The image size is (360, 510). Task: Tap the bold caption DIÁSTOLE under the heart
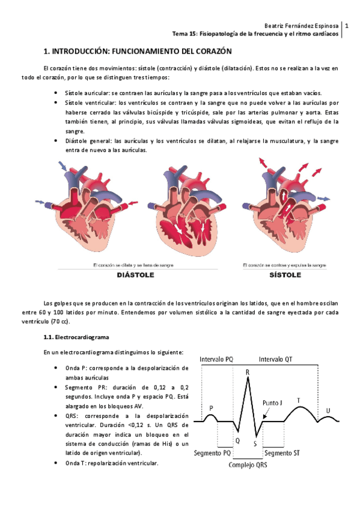tap(135, 275)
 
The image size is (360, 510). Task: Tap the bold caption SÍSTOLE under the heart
tap(284, 275)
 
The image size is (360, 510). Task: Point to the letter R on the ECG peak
tap(248, 372)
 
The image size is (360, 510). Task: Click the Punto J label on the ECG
tap(274, 402)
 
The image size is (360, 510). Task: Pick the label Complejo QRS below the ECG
tap(248, 464)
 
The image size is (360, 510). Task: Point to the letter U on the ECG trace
tap(328, 410)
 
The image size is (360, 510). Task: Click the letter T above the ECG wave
tap(299, 400)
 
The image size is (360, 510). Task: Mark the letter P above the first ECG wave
tap(211, 407)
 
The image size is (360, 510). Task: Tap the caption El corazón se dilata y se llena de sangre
tap(135, 265)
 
